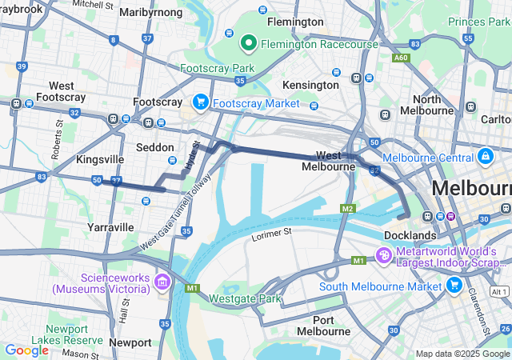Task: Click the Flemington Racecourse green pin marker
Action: pos(249,42)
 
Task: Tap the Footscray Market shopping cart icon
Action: pos(200,102)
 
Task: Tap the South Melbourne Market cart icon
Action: pos(455,286)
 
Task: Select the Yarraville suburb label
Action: pos(110,227)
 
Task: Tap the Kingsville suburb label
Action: pos(100,159)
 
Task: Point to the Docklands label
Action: pos(410,235)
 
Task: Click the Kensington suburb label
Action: pos(311,84)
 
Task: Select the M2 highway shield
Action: pos(347,209)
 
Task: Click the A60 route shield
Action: pos(400,58)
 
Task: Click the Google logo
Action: pos(26,350)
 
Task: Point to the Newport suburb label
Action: pos(130,342)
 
